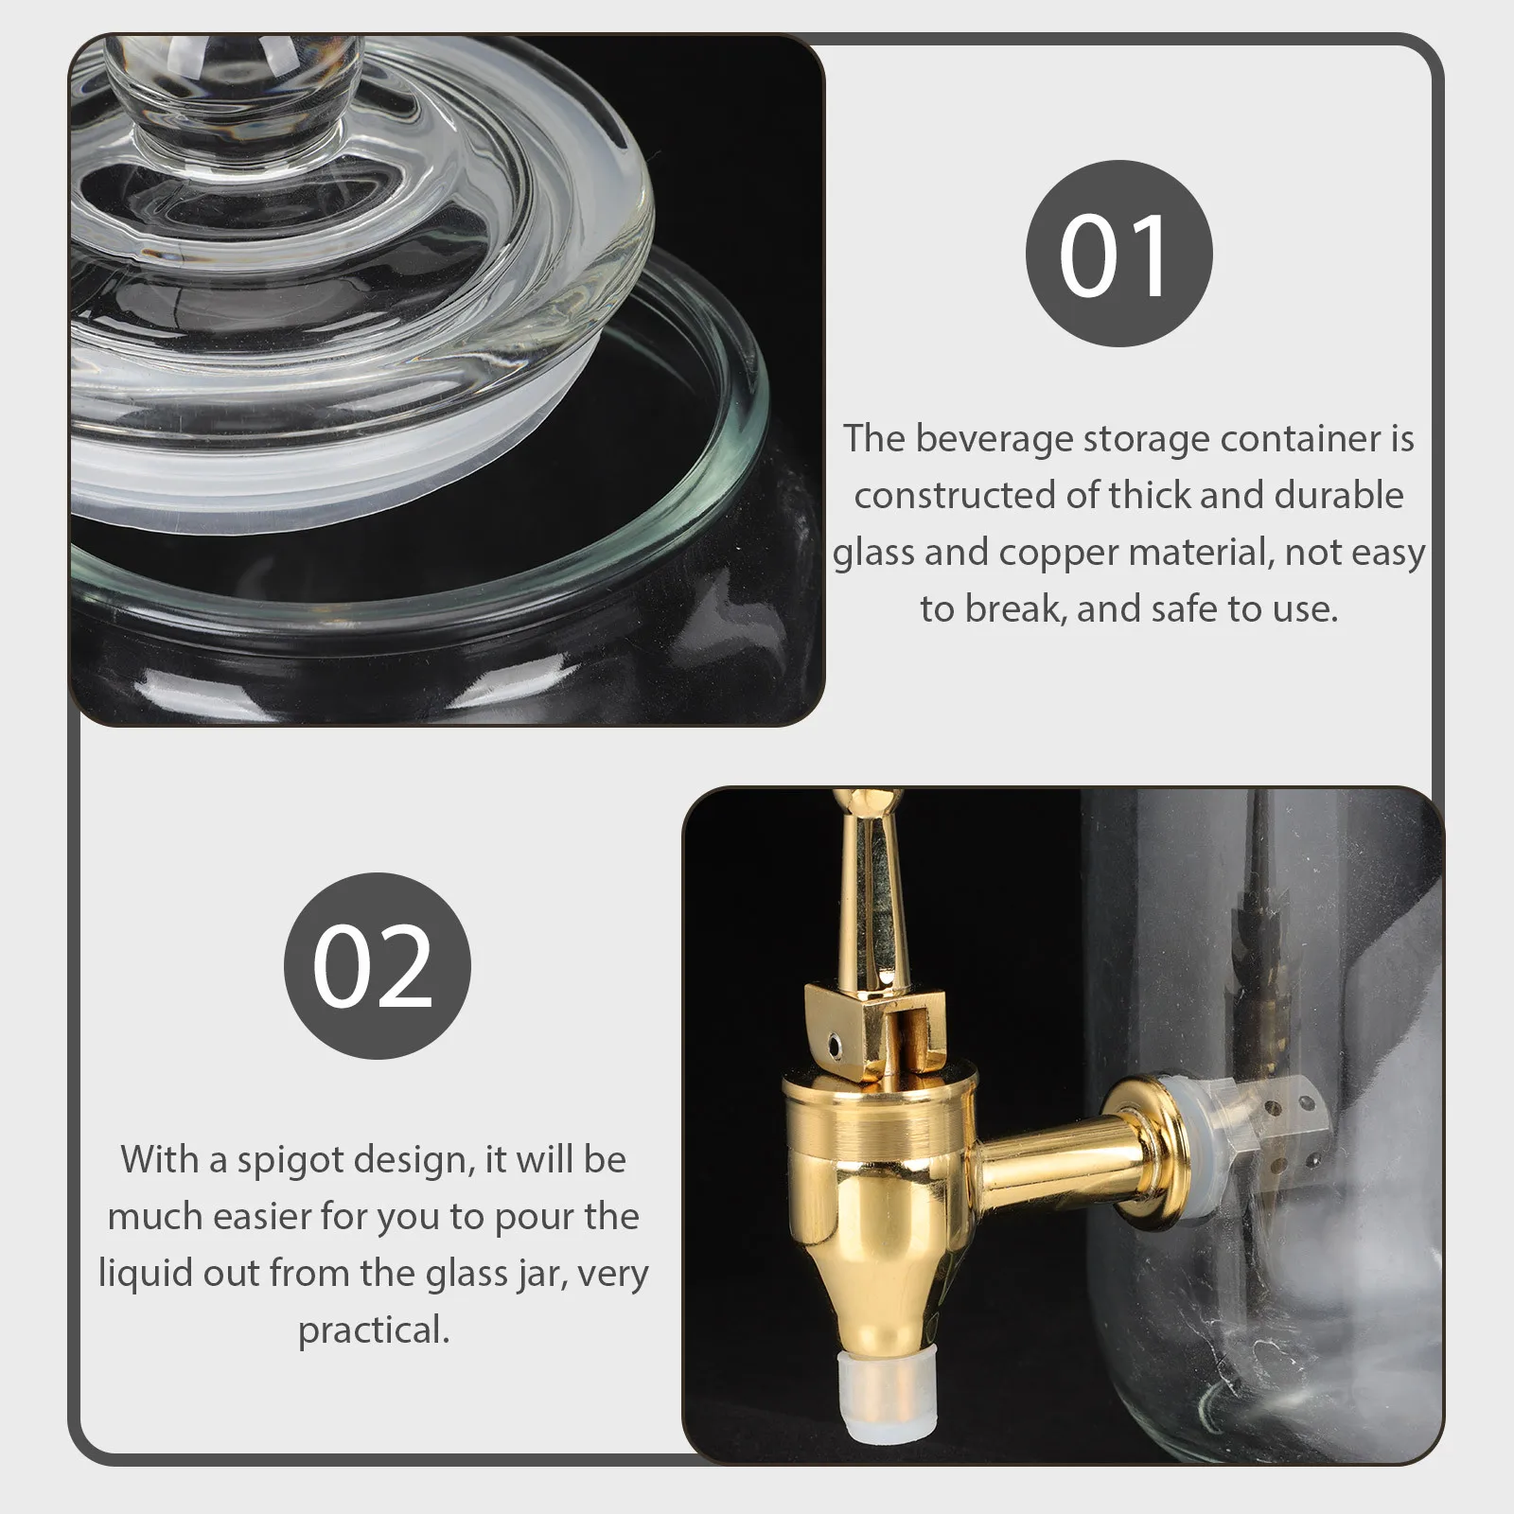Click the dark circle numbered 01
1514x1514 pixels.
pyautogui.click(x=1118, y=254)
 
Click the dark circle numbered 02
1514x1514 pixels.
pyautogui.click(x=377, y=965)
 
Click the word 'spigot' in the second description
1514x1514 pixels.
pyautogui.click(x=283, y=1161)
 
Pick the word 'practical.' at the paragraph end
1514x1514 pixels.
pyautogui.click(x=374, y=1330)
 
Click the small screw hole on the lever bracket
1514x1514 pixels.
pyautogui.click(x=835, y=1043)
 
